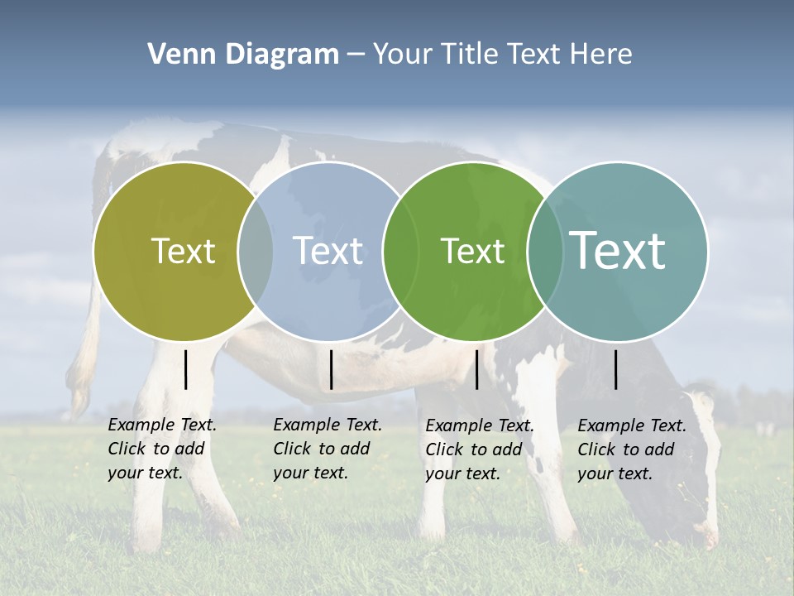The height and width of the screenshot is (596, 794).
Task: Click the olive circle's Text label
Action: pos(183,251)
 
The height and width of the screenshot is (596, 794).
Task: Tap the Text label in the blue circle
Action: pos(328,251)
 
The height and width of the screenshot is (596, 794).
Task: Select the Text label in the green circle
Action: pos(472,251)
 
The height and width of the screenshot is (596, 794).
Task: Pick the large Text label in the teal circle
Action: pos(618,250)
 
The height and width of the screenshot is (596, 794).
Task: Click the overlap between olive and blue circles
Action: pos(256,251)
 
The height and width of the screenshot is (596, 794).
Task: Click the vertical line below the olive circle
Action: pos(186,369)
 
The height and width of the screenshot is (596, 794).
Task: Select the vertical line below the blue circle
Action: pos(331,369)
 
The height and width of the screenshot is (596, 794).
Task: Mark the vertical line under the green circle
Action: pos(476,369)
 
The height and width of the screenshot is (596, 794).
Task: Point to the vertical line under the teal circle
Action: pos(616,369)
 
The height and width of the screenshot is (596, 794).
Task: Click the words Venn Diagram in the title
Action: pos(243,55)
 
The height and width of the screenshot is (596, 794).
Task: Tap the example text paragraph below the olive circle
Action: pos(161,449)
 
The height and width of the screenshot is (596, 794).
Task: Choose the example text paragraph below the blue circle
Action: pos(327,449)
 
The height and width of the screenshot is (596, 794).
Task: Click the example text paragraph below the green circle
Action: pos(479,449)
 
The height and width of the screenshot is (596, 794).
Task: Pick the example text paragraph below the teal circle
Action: pos(631,449)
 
